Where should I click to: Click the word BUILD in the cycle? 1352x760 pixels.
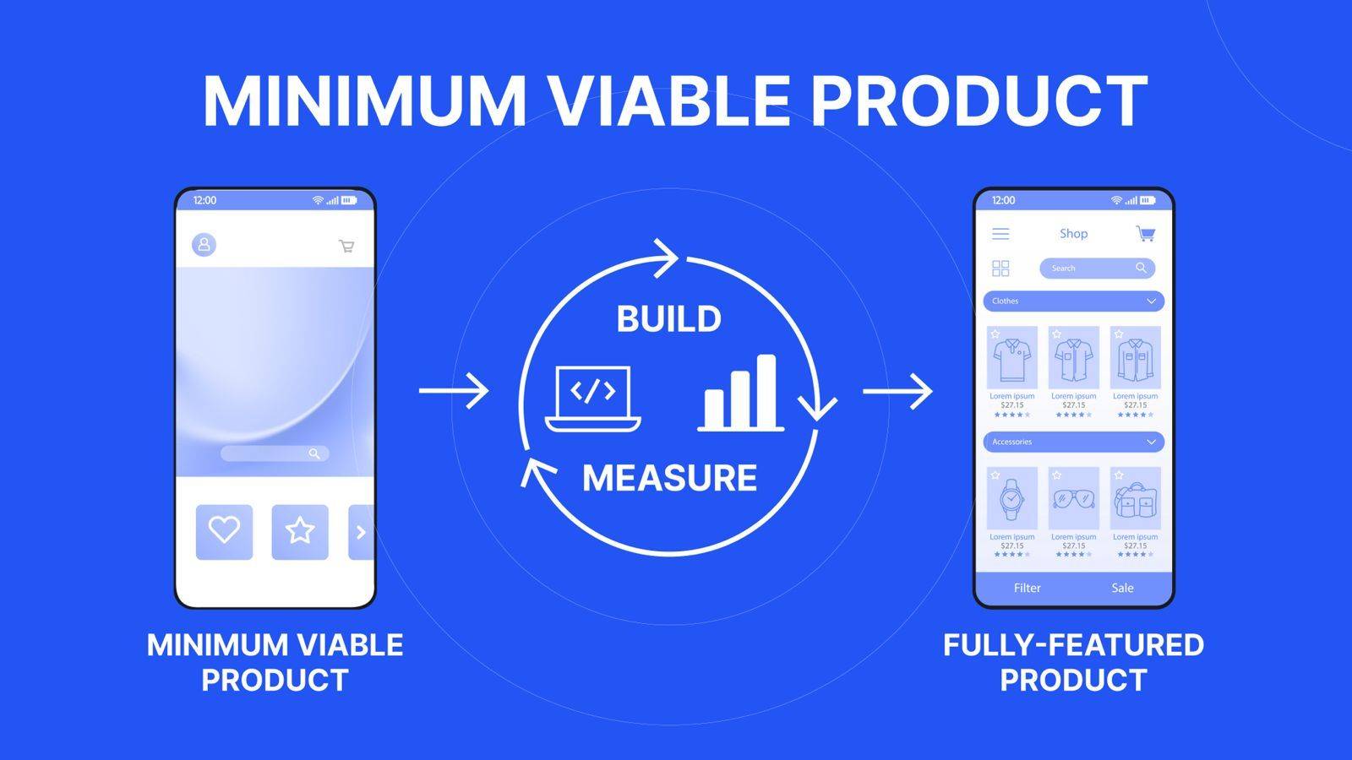(668, 318)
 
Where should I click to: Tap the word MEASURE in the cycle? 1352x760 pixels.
(669, 478)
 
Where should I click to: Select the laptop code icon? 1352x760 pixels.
(592, 399)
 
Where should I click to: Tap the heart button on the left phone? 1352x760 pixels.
(224, 532)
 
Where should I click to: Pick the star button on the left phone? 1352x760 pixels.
(300, 532)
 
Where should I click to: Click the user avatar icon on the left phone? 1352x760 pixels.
(204, 244)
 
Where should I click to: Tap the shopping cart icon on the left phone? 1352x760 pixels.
(346, 246)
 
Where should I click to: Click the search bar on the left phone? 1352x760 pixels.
(275, 453)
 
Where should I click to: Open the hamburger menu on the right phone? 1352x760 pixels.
(1000, 233)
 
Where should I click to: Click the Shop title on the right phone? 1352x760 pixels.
(1074, 233)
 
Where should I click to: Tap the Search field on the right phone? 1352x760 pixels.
(1098, 268)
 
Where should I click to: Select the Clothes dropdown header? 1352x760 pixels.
(1074, 301)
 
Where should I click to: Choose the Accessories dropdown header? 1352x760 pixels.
(1074, 442)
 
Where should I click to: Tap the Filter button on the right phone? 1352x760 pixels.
(1028, 588)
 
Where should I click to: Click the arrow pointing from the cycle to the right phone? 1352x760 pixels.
(897, 392)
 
